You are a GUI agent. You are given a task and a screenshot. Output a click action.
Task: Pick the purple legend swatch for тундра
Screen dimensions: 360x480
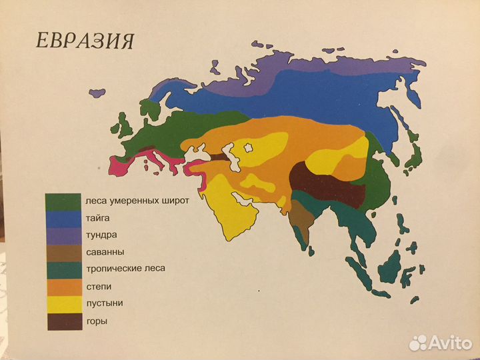click(63, 235)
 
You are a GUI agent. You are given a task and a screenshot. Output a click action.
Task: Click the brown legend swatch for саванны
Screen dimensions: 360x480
click(63, 253)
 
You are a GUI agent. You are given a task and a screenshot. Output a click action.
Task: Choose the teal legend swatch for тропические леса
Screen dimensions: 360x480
click(63, 269)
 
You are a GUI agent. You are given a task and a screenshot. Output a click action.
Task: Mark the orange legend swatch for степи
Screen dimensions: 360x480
click(63, 287)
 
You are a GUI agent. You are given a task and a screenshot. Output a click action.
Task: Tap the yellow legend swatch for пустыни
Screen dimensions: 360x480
click(63, 304)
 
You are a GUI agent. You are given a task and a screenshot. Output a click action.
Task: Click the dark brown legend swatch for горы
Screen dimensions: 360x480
click(63, 321)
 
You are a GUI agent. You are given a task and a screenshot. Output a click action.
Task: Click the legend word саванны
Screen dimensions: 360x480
click(105, 252)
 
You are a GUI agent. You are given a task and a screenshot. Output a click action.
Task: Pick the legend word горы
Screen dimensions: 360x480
click(97, 322)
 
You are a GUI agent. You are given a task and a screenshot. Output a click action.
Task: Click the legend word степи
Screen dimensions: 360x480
click(99, 287)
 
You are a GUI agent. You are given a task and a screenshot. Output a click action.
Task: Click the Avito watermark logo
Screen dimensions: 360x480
click(440, 342)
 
